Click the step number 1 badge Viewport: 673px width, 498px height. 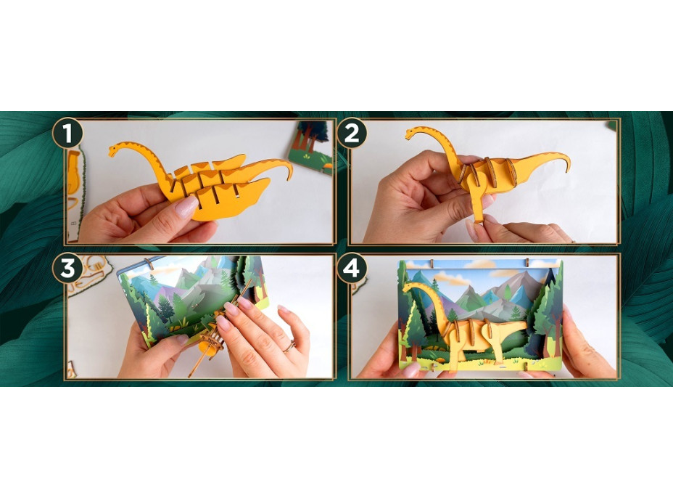pyautogui.click(x=67, y=133)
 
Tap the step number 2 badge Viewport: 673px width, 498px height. pyautogui.click(x=352, y=133)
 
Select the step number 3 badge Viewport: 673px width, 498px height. pyautogui.click(x=67, y=268)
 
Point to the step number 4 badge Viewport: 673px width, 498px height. pyautogui.click(x=352, y=268)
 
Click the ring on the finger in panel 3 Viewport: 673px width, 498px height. pyautogui.click(x=290, y=346)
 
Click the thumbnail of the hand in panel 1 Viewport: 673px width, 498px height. pyautogui.click(x=186, y=207)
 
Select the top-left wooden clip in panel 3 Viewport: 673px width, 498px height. pyautogui.click(x=149, y=262)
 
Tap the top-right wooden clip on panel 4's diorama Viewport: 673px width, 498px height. pyautogui.click(x=527, y=261)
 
